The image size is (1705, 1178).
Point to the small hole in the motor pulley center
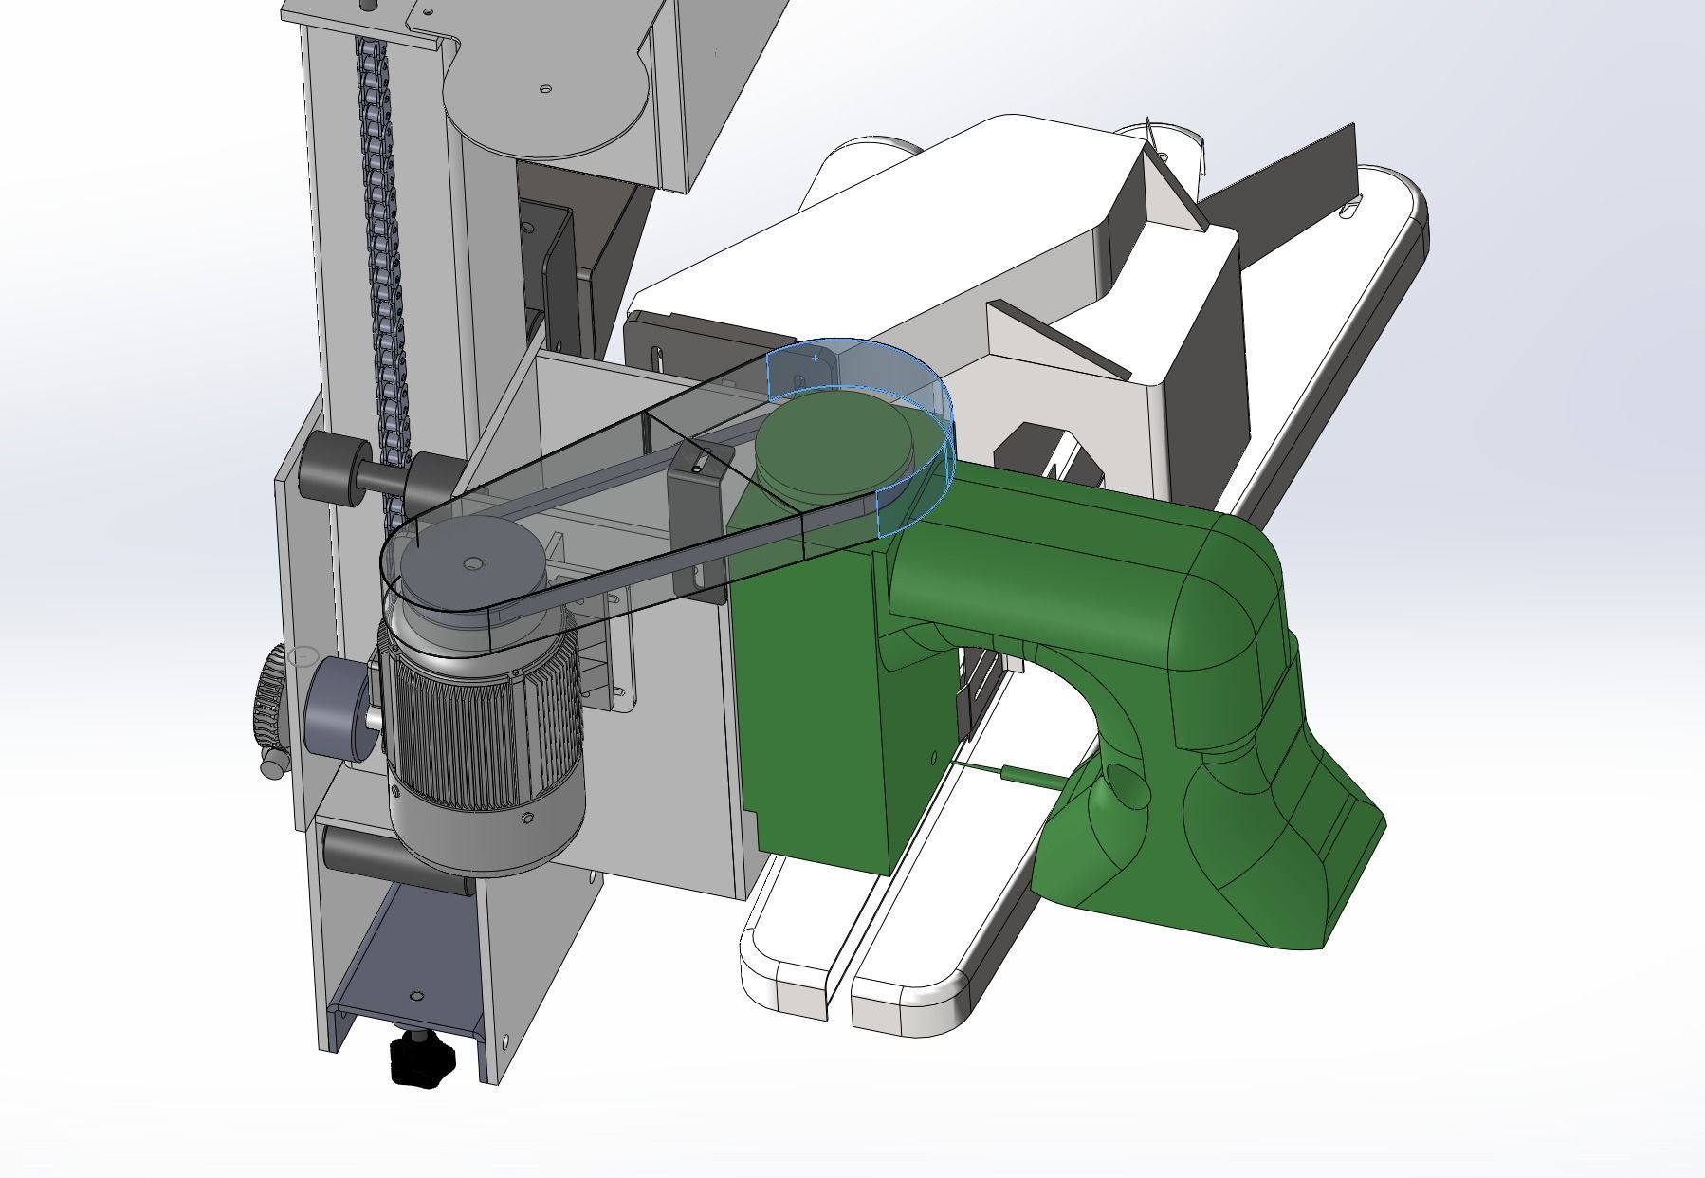pyautogui.click(x=472, y=564)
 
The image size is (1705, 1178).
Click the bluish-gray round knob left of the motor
pyautogui.click(x=337, y=707)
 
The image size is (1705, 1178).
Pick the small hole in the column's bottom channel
pyautogui.click(x=415, y=997)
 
